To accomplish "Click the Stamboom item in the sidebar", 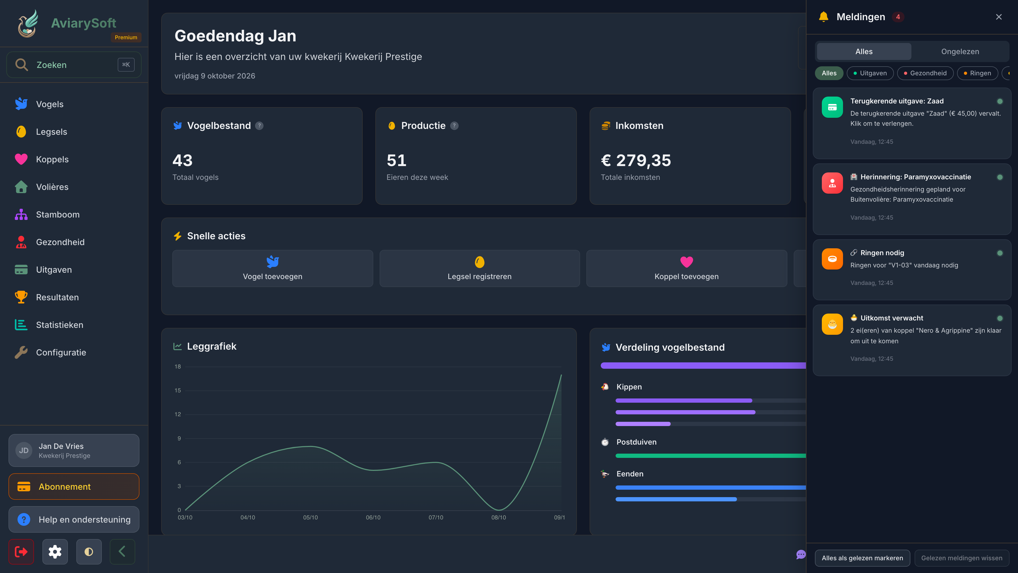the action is point(58,214).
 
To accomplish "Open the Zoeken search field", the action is point(74,64).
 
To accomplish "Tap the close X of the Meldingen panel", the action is point(999,17).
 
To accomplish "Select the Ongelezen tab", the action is point(960,51).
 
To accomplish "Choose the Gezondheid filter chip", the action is point(925,73).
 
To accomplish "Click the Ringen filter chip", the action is point(977,73).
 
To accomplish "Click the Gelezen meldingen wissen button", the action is point(962,558).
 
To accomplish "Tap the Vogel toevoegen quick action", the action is point(272,268).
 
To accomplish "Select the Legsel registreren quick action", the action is point(479,268).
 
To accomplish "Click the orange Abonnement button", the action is point(74,487).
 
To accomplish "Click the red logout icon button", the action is point(21,552).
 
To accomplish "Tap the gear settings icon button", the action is point(55,552).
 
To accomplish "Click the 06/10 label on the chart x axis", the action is point(373,517).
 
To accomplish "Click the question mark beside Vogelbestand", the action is point(259,126).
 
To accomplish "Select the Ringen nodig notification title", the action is point(882,253).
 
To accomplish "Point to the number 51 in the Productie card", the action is point(396,160).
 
